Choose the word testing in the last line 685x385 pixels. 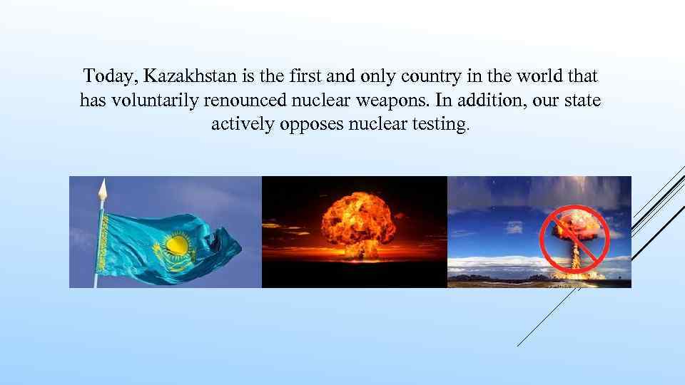click(x=446, y=125)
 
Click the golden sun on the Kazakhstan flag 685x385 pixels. click(x=176, y=245)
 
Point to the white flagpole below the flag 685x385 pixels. click(x=96, y=280)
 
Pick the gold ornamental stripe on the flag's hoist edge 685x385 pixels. click(x=101, y=239)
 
